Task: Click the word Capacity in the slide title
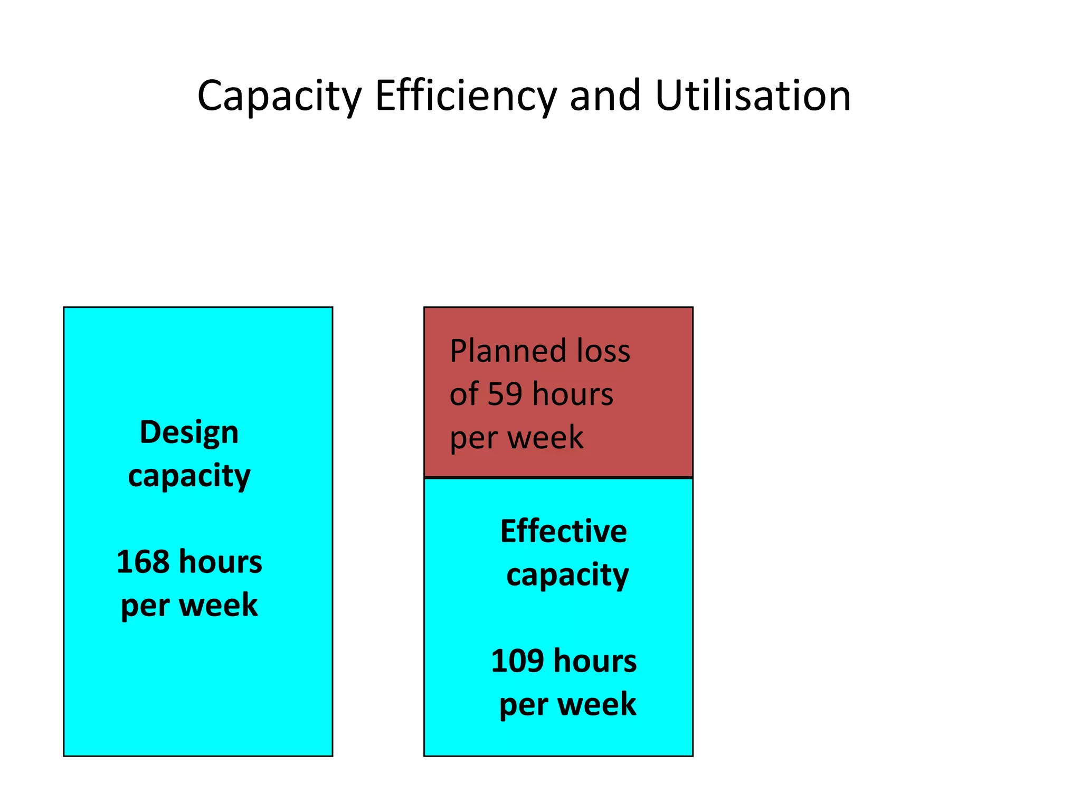279,96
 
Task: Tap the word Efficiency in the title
466,96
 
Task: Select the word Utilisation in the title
753,96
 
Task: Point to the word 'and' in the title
605,96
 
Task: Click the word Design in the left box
189,432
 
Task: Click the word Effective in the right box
564,531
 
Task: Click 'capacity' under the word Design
189,476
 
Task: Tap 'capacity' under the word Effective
567,575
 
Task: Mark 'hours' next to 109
595,661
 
